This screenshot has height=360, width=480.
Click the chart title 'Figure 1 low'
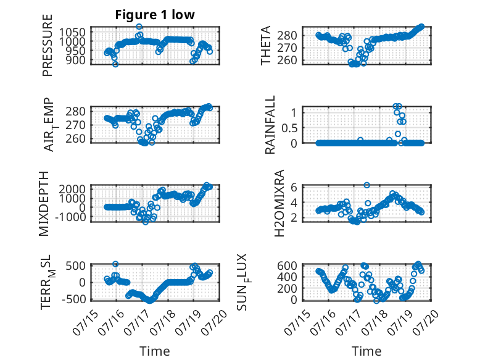click(155, 15)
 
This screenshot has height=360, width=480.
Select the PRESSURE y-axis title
click(48, 45)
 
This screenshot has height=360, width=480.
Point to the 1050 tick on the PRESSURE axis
click(73, 32)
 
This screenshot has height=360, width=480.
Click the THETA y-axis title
click(266, 45)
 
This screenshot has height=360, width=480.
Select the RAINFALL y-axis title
click(270, 125)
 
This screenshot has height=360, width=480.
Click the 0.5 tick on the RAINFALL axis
click(289, 128)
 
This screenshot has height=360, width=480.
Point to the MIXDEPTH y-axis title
click(44, 204)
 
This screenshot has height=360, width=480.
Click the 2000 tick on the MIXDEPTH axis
click(73, 189)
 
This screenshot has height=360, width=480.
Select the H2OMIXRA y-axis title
click(279, 204)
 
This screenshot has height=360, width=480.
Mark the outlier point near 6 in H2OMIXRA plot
click(366, 185)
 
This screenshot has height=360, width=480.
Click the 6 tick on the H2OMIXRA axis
click(294, 186)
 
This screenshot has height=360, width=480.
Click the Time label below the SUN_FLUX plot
click(366, 351)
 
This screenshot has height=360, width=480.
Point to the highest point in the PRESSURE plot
click(139, 27)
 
